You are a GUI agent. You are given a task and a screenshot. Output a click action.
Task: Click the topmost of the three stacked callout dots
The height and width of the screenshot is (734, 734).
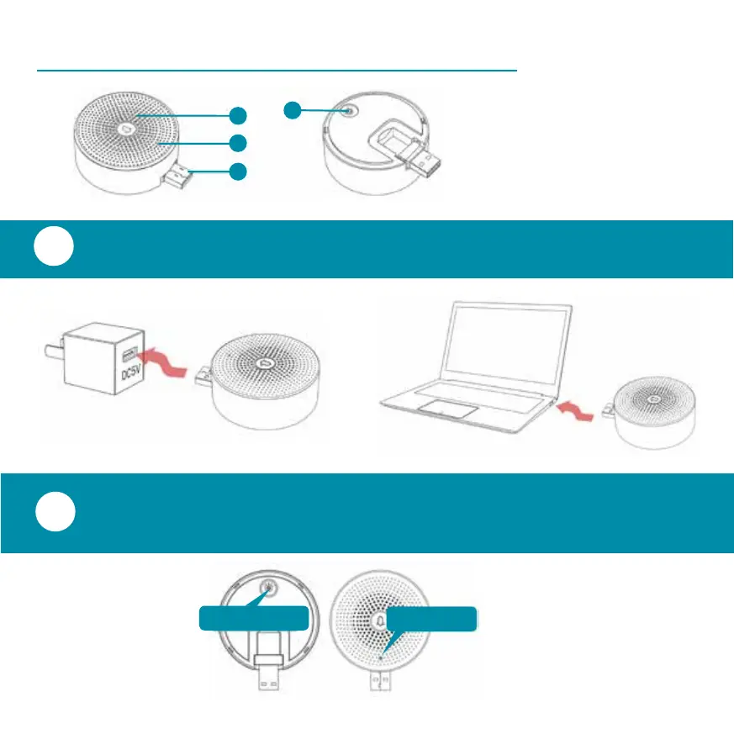click(x=239, y=115)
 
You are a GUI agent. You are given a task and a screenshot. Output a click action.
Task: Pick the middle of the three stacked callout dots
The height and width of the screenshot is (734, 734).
click(x=239, y=143)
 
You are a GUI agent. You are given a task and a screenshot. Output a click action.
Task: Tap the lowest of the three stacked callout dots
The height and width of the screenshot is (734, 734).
click(x=239, y=172)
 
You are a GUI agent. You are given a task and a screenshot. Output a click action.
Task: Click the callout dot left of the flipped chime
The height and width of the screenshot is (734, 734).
click(x=291, y=109)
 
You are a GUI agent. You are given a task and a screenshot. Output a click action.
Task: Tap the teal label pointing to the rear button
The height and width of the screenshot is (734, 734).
click(x=252, y=619)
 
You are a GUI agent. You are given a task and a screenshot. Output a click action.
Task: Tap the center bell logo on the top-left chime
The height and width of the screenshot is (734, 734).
click(x=126, y=130)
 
